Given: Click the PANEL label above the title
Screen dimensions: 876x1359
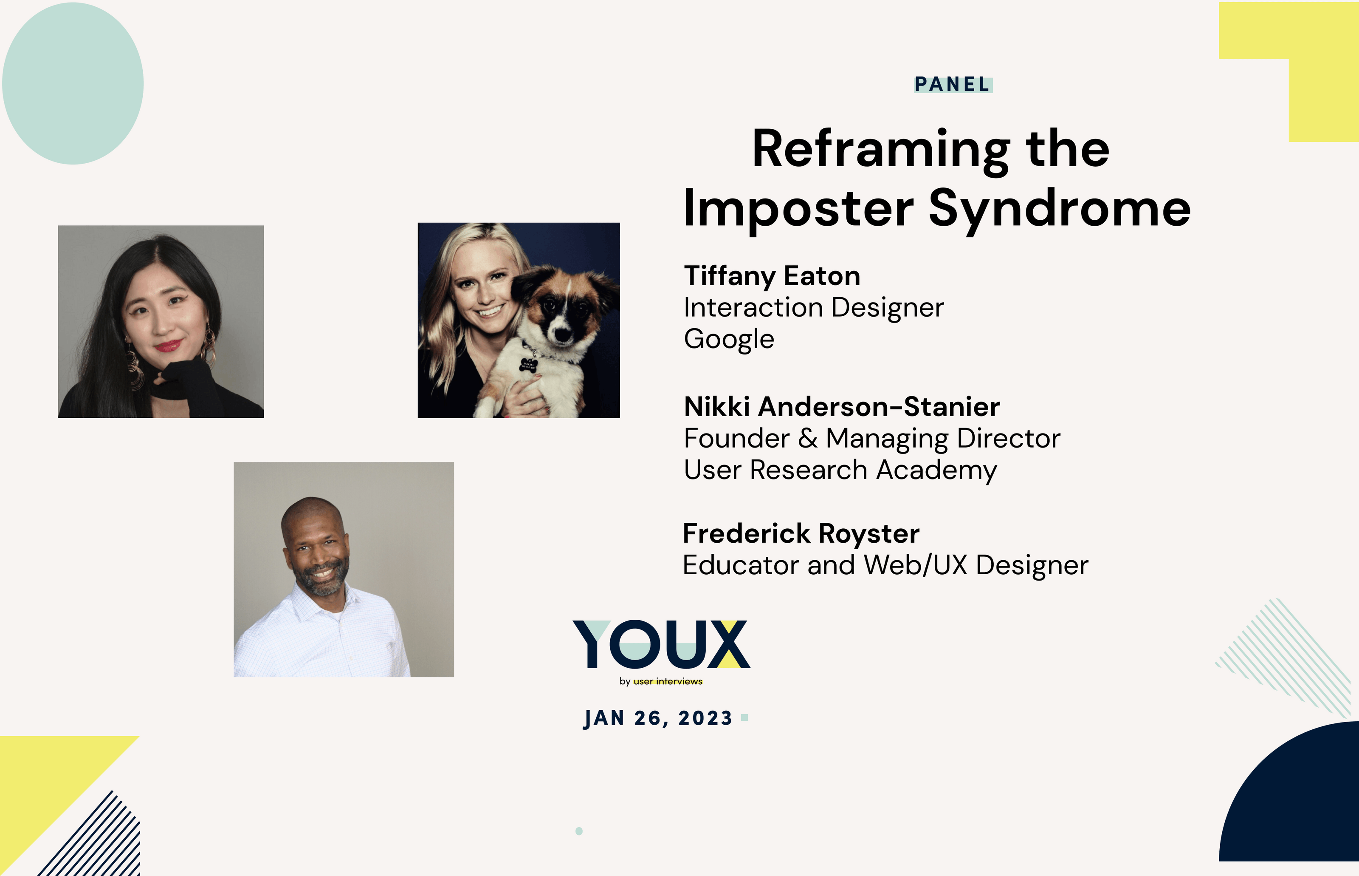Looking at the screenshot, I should pos(953,84).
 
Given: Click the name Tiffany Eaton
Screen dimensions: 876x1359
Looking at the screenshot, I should pos(772,276).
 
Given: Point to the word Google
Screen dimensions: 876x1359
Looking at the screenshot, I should pos(729,339).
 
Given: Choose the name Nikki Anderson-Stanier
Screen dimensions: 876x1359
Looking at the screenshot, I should pos(842,407).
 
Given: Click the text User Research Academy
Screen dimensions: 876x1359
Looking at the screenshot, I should pos(840,470).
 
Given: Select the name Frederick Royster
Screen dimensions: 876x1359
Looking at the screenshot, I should pos(801,533).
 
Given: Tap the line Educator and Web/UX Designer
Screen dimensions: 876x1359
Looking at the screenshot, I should pos(885,565).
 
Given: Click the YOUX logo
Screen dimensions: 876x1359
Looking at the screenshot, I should pos(661,644).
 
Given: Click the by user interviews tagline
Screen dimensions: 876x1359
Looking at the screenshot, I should pos(661,681).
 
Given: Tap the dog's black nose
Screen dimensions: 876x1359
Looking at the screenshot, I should pos(562,335).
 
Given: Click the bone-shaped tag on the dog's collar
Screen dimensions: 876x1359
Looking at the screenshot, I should pos(527,365).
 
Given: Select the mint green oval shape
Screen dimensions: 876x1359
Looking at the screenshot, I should pos(73,84).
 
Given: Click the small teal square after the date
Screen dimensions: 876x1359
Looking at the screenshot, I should pos(744,718).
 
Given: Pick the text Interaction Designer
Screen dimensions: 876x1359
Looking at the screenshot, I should pos(813,308).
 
